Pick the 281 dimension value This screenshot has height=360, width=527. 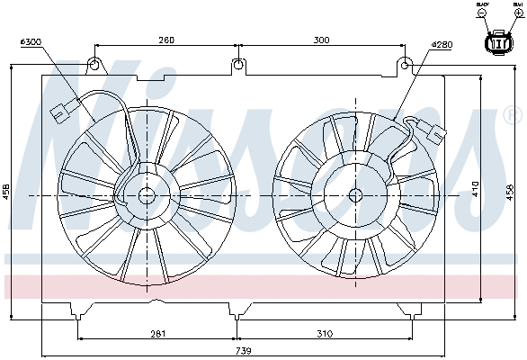(x=157, y=333)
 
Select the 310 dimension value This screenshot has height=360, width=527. (x=325, y=333)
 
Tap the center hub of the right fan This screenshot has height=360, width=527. (x=354, y=194)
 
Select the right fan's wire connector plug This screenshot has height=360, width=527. (x=437, y=132)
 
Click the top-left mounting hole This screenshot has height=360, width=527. (x=94, y=65)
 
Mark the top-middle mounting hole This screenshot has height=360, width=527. (x=237, y=65)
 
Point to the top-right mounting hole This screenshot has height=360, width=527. (x=406, y=65)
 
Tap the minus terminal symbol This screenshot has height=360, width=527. (x=484, y=14)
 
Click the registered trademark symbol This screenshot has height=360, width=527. (x=512, y=114)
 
